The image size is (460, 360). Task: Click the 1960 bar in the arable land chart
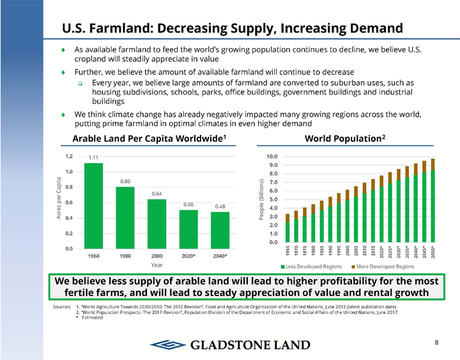tap(93, 205)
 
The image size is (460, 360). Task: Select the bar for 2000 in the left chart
tap(157, 223)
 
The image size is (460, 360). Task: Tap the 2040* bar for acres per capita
tap(220, 230)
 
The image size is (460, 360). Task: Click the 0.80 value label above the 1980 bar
tap(125, 181)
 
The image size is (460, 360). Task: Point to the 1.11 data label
tap(93, 157)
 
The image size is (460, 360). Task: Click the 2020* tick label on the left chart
tap(188, 256)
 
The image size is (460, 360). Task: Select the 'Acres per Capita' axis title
tap(59, 198)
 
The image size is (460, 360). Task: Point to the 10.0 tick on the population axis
tap(272, 156)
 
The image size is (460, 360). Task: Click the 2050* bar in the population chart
tap(433, 200)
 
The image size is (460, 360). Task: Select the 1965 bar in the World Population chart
tap(287, 228)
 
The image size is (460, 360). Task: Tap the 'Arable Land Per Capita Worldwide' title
tap(149, 139)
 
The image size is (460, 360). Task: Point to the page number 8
tap(436, 343)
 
